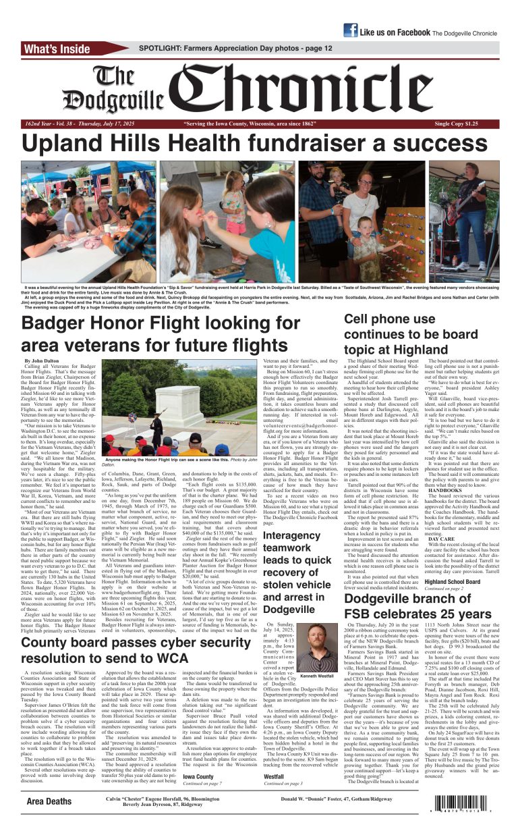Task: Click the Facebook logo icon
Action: pos(350,30)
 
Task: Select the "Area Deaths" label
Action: pos(49,801)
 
